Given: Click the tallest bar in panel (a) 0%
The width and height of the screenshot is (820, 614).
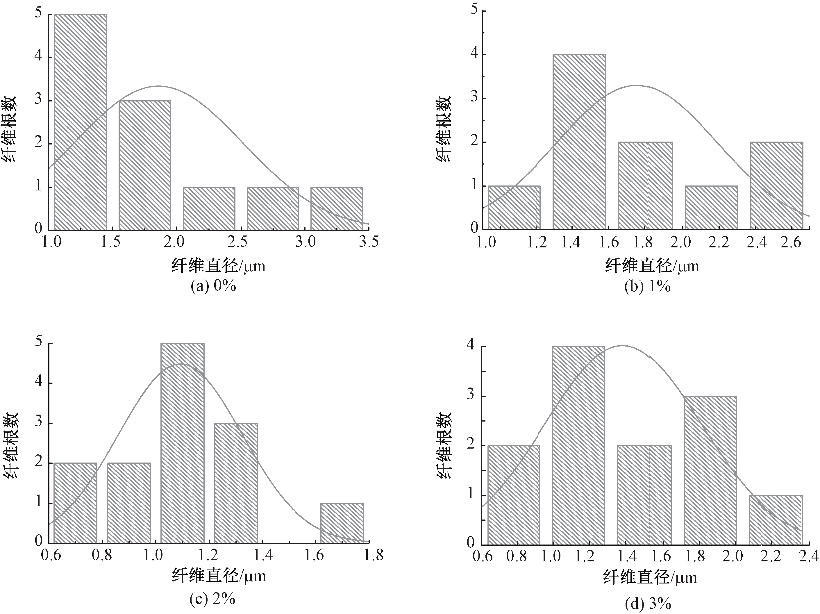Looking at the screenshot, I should [x=81, y=122].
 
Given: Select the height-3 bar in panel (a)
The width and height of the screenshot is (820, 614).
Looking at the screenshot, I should [x=144, y=165].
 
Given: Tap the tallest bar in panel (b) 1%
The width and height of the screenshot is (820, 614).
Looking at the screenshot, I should [x=579, y=142].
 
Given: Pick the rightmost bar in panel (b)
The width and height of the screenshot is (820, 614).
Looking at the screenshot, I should [x=777, y=185].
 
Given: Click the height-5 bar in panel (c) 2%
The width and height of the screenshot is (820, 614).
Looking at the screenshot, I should [x=182, y=443].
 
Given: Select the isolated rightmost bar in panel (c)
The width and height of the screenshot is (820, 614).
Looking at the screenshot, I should [x=342, y=522].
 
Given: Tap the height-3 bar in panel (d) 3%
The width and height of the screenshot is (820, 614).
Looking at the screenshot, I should [x=710, y=470].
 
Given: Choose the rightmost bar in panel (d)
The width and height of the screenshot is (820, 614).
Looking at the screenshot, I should [x=776, y=520].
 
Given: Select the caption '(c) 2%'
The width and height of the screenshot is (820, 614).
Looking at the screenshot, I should [x=212, y=599].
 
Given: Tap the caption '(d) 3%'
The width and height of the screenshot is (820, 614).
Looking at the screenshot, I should [x=648, y=604].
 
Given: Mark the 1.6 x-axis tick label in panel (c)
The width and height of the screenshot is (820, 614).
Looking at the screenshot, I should [x=314, y=555].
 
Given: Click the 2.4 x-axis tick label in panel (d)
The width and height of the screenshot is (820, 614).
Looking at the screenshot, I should [x=808, y=556].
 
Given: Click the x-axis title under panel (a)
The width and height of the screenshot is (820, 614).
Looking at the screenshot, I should [x=218, y=266].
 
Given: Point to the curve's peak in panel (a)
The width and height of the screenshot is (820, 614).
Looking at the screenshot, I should [x=159, y=86].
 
